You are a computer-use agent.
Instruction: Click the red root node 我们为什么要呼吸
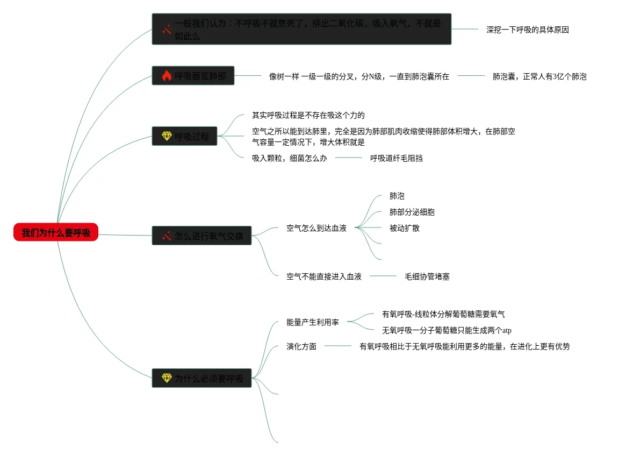[56, 232]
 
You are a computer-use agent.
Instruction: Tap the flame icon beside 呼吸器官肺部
[167, 76]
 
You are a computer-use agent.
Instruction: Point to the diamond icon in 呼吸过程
[167, 136]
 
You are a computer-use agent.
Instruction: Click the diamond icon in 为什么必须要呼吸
[167, 378]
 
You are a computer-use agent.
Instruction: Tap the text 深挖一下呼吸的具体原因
[527, 30]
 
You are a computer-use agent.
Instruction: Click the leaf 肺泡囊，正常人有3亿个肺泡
[539, 76]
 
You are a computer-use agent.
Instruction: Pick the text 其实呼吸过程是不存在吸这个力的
[308, 115]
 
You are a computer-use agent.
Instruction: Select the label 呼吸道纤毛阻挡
[396, 158]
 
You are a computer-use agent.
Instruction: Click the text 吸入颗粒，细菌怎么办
[289, 158]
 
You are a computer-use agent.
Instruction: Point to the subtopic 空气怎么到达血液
[316, 228]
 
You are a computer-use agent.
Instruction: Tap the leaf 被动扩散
[404, 228]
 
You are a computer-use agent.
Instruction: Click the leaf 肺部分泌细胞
[412, 212]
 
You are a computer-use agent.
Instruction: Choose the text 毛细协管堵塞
[427, 276]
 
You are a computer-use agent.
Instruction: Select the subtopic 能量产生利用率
[312, 322]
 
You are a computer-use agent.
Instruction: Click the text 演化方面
[301, 346]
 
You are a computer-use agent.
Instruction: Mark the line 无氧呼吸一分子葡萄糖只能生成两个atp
[446, 330]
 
